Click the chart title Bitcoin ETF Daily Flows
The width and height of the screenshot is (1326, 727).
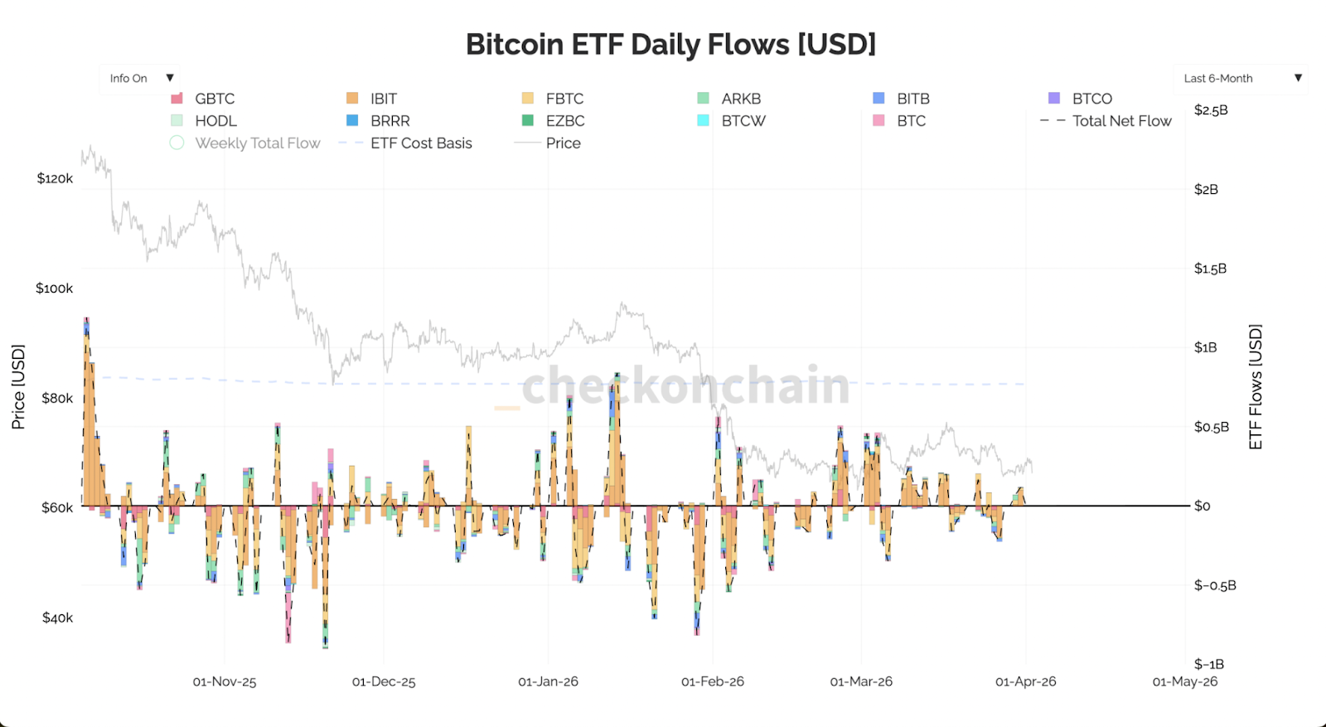670,44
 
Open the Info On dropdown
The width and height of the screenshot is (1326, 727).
140,79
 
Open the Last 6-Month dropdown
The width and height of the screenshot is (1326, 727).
1241,79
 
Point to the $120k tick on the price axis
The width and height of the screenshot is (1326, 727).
55,178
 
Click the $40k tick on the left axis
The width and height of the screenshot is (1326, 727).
57,618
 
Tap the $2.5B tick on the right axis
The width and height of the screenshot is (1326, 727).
1211,110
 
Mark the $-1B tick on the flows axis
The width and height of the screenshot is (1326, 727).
1208,664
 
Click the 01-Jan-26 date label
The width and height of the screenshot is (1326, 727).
548,681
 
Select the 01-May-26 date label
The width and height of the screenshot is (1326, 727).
1185,681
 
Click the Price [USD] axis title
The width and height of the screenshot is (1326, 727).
18,387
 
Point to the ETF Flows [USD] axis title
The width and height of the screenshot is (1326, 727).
1256,387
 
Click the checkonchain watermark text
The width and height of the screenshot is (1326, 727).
685,386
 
